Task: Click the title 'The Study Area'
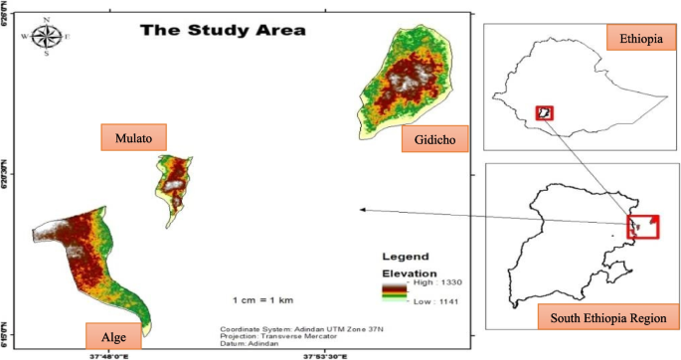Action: tap(223, 30)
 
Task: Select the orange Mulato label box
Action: tap(133, 137)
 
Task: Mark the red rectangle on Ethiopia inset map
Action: tap(544, 112)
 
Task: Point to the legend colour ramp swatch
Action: tap(393, 290)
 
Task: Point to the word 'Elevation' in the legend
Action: tap(411, 271)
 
